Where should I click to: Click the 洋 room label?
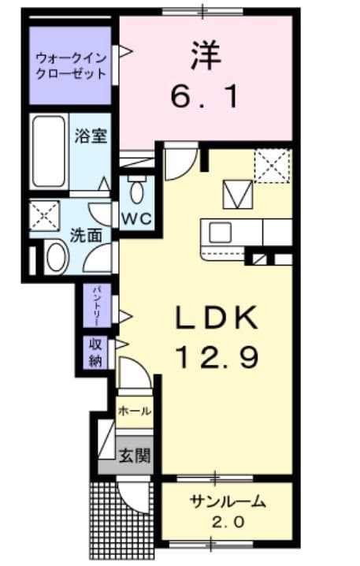(x=205, y=56)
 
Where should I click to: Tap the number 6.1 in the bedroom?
(x=205, y=96)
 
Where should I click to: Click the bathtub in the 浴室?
(x=50, y=151)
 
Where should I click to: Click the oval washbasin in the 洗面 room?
(x=54, y=256)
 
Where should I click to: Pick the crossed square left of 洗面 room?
(x=45, y=214)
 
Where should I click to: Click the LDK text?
(x=216, y=320)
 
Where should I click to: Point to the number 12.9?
(x=216, y=359)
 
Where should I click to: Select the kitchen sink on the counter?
(x=220, y=233)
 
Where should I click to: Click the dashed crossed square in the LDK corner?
(x=273, y=167)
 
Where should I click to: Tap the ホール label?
(x=135, y=411)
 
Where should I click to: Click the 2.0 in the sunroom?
(x=228, y=522)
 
